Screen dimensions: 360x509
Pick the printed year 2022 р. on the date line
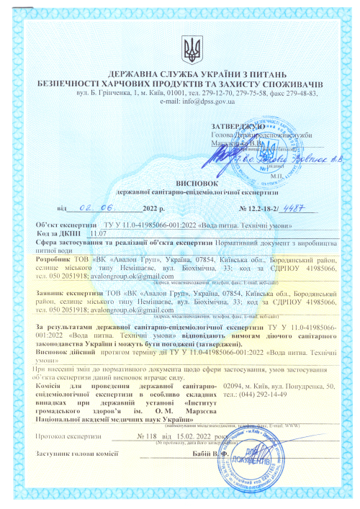tap(150, 209)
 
